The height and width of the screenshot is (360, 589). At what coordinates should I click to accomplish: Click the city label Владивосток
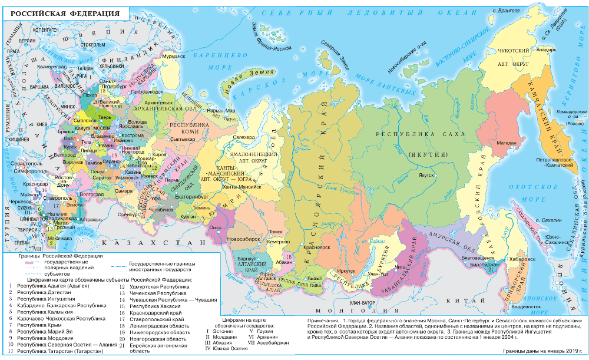pyautogui.click(x=526, y=306)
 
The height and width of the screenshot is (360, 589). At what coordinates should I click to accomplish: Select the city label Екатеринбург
pyautogui.click(x=193, y=197)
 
